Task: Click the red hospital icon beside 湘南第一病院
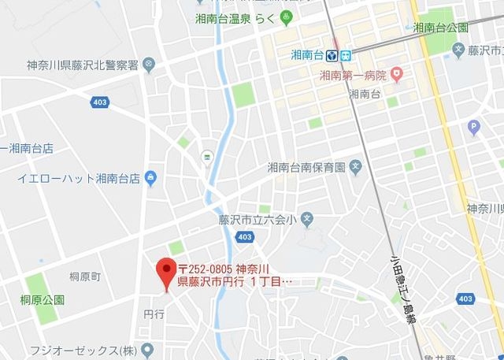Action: (397, 76)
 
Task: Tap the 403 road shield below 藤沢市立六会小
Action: (244, 236)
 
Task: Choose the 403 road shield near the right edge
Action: (465, 298)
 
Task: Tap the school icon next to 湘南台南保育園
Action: (356, 167)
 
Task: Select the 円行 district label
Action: (154, 314)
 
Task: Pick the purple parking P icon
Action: (473, 126)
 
